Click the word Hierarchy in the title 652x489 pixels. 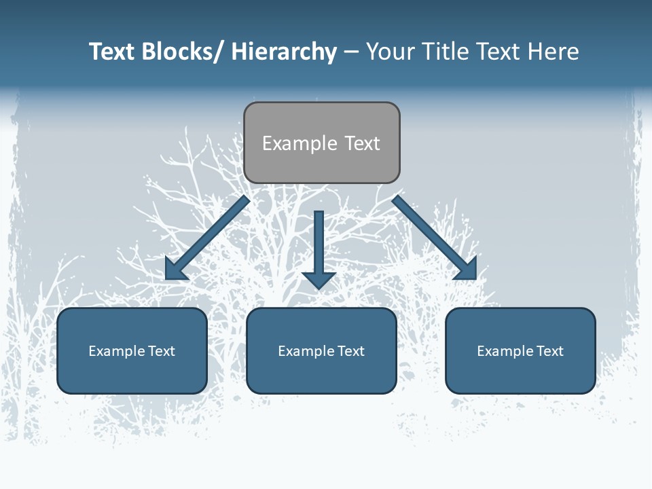coord(284,52)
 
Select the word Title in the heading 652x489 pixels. coord(444,52)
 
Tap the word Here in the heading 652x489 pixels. coord(554,52)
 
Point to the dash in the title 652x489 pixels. coord(351,52)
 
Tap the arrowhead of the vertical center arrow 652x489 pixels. coord(319,280)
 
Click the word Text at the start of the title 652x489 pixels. coord(112,52)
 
